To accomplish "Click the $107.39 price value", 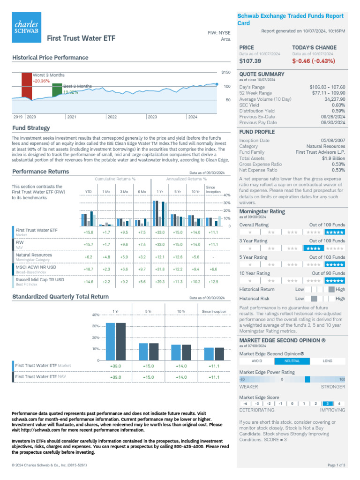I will pos(250,61).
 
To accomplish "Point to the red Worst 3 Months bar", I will pos(27,85).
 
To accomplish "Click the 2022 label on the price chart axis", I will pos(112,117).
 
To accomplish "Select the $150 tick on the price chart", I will pos(225,72).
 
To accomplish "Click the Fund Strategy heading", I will pos(31,128).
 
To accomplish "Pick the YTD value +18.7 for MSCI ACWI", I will pos(88,269).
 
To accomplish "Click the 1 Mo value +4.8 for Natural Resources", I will pos(106,257).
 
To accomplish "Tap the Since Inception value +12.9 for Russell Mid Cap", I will pos(213,281).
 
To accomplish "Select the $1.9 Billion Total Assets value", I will pos(333,158).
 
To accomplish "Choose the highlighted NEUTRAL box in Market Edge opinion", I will pos(292,361).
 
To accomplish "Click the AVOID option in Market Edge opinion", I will pos(257,361).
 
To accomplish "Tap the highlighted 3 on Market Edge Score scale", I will pos(328,403).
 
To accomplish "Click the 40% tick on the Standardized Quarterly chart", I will pos(96,315).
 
